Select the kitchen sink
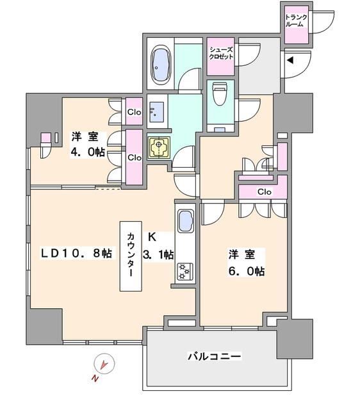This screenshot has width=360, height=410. (184, 222)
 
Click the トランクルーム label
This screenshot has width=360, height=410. (295, 20)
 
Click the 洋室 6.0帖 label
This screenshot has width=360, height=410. (244, 263)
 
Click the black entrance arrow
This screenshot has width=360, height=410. (290, 61)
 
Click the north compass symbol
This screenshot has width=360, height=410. (102, 365)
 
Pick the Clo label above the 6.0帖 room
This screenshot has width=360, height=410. (264, 192)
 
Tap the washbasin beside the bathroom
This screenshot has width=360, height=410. (155, 112)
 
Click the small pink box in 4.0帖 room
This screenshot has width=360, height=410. (45, 138)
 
